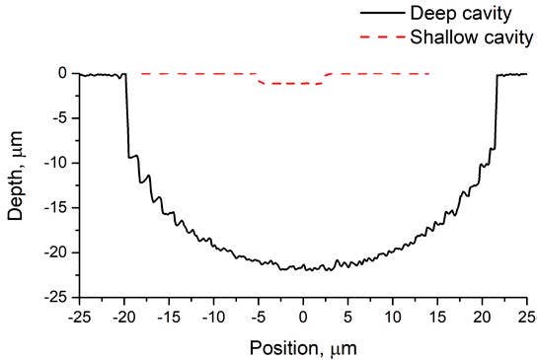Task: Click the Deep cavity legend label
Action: coord(482,15)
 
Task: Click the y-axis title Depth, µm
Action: coord(19,184)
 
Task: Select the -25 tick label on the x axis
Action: coord(80,318)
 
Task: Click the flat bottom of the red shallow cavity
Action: coord(292,84)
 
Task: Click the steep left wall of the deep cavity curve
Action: coord(127,118)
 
